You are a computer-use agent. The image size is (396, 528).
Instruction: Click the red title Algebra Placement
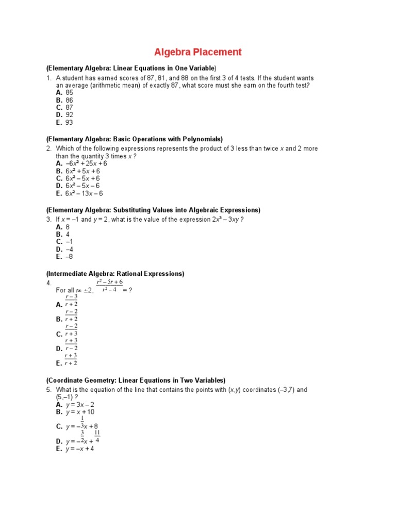point(197,52)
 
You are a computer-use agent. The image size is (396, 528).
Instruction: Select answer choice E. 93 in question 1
point(64,123)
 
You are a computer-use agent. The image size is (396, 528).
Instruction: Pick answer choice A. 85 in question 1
point(64,93)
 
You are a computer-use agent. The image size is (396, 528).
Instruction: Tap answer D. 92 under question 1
point(64,115)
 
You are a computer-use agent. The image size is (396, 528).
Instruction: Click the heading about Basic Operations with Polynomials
point(134,139)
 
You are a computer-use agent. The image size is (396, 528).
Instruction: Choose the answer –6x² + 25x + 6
point(78,163)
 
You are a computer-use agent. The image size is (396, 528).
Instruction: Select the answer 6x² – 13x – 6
point(79,193)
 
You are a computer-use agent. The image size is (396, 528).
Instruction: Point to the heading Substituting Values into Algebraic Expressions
point(153,210)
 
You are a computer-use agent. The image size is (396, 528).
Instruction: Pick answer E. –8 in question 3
point(64,256)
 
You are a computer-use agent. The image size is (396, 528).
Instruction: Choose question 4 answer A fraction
point(71,301)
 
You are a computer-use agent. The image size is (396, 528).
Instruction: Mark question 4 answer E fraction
point(71,359)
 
